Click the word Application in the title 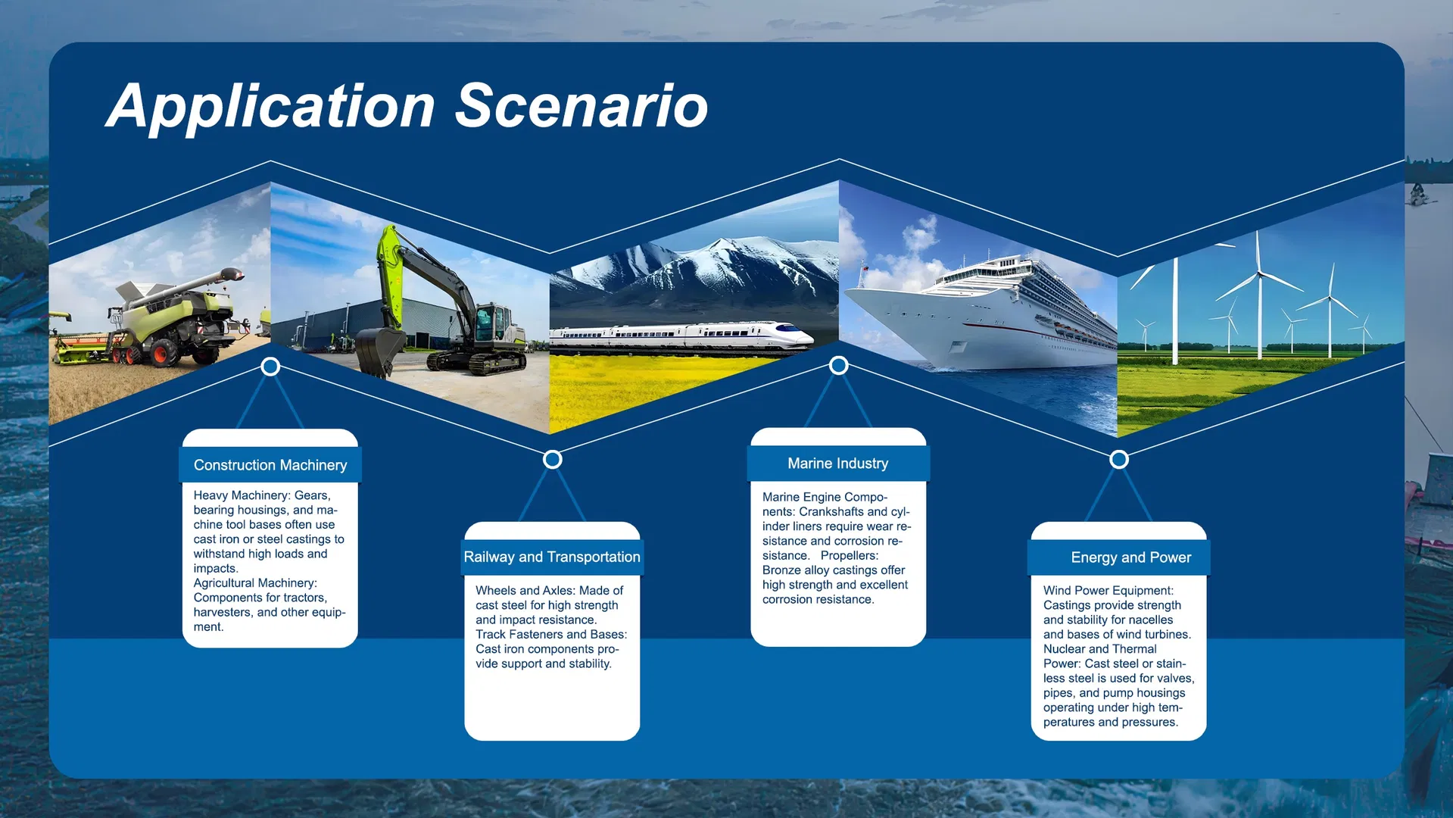270,107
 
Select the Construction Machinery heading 270,465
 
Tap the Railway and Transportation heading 552,557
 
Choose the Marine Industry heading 838,464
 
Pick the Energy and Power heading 1131,557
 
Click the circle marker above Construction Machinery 270,367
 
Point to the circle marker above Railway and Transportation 553,459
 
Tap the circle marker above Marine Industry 838,365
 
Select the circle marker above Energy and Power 1119,459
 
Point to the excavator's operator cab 492,322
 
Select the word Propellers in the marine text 850,555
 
